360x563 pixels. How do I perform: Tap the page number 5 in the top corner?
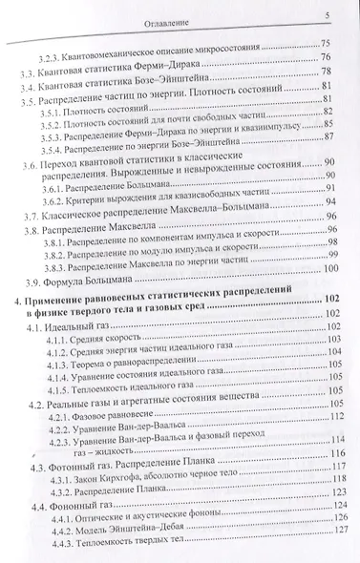tap(328, 13)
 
